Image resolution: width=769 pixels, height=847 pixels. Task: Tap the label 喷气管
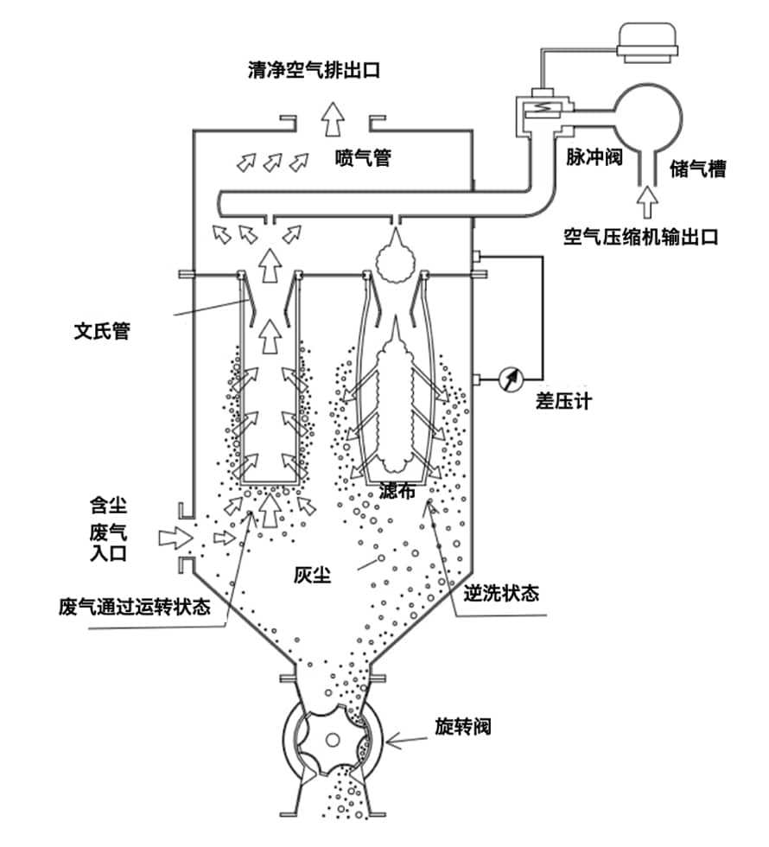[x=363, y=158]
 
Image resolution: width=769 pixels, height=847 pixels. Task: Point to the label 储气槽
[x=696, y=169]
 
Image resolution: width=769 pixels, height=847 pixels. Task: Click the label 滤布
[x=398, y=492]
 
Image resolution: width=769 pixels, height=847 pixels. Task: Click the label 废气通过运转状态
[x=134, y=606]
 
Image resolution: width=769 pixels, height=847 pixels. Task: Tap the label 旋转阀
[x=463, y=726]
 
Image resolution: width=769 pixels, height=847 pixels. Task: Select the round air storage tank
[x=646, y=112]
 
